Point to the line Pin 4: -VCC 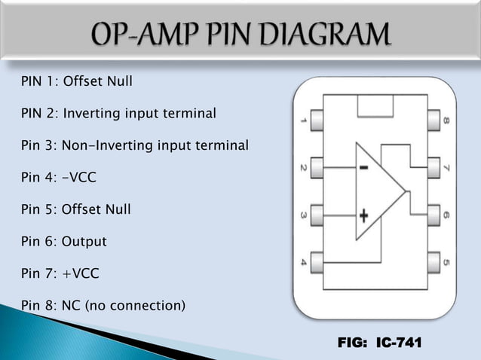pos(60,178)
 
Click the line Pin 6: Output pos(64,242)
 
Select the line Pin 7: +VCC pos(60,274)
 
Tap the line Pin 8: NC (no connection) pos(103,306)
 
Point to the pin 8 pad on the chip pos(434,119)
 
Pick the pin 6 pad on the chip pos(434,215)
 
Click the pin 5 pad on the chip pos(434,263)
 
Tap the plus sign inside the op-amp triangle pos(364,216)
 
